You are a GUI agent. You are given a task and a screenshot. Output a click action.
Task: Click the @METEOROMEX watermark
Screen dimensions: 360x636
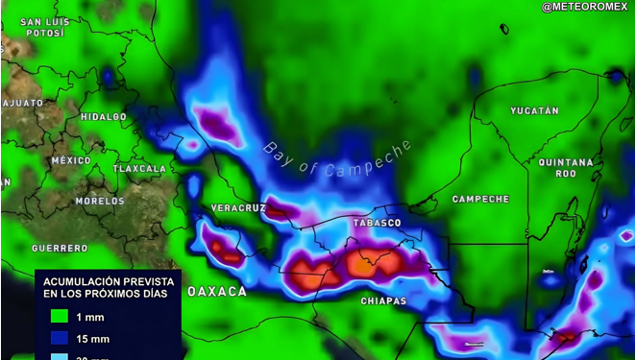pyautogui.click(x=584, y=8)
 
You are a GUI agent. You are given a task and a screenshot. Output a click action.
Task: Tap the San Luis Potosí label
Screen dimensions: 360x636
pyautogui.click(x=45, y=27)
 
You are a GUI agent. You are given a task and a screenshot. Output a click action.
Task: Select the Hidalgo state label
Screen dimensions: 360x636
pyautogui.click(x=103, y=117)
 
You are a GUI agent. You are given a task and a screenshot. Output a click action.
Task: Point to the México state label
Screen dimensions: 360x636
pyautogui.click(x=71, y=160)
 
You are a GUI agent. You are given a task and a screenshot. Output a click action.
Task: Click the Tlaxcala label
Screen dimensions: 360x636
pyautogui.click(x=140, y=169)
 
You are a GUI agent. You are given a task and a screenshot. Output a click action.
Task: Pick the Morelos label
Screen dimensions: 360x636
pyautogui.click(x=100, y=202)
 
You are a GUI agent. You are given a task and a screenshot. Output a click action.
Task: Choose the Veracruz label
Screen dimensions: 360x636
pyautogui.click(x=238, y=207)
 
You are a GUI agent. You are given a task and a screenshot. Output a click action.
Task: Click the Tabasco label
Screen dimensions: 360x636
pyautogui.click(x=377, y=223)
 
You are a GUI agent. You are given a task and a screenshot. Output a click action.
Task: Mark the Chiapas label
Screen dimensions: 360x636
pyautogui.click(x=383, y=301)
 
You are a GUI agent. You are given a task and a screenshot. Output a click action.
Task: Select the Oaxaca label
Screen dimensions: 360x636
pyautogui.click(x=216, y=291)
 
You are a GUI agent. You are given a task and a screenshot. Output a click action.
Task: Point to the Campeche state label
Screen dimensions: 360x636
pyautogui.click(x=480, y=199)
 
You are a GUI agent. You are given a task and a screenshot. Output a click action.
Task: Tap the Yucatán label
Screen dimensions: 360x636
pyautogui.click(x=534, y=111)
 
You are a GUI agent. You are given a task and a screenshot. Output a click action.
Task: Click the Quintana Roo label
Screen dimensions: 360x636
pyautogui.click(x=558, y=168)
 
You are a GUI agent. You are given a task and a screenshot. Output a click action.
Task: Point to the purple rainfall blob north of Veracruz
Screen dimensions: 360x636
pyautogui.click(x=220, y=126)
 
